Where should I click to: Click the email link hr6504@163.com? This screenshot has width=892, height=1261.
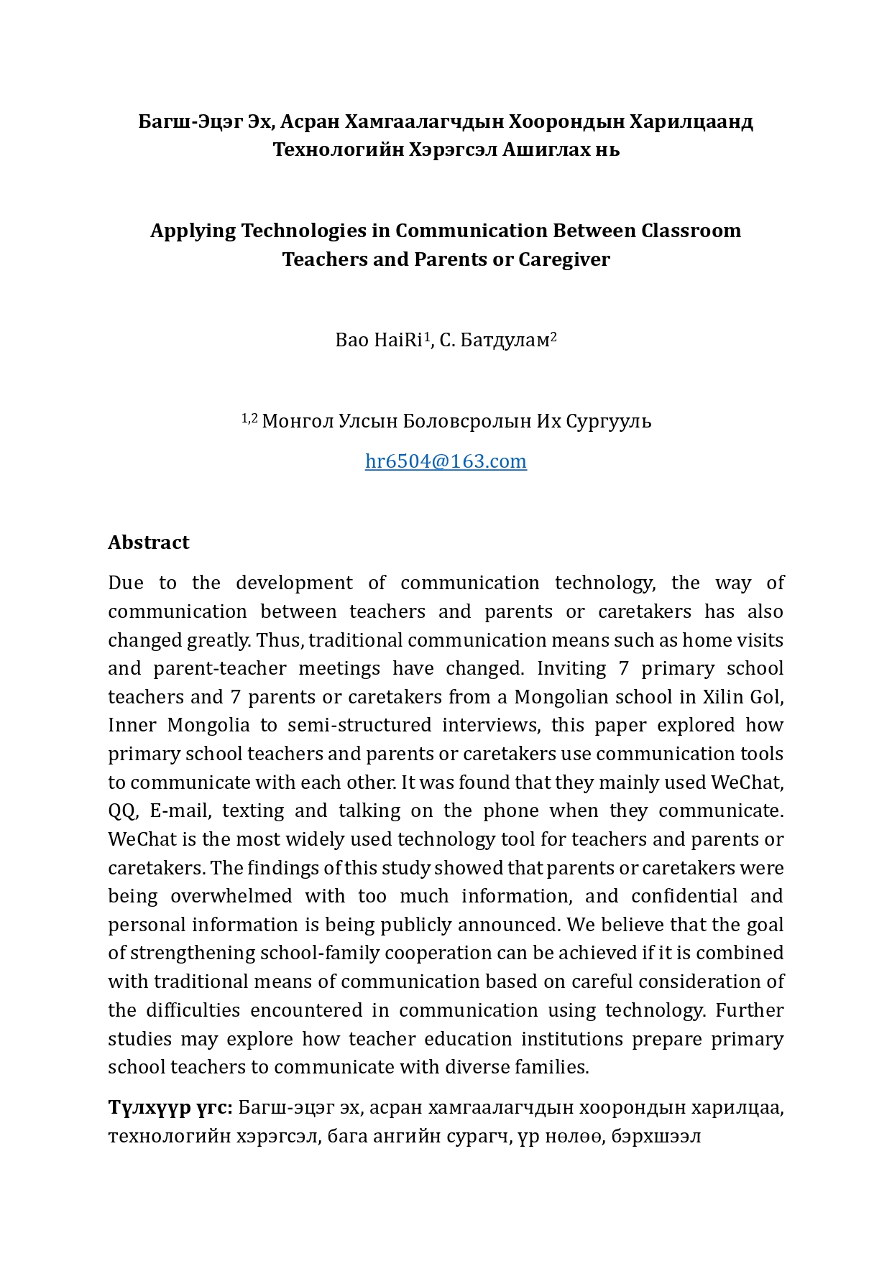point(446,461)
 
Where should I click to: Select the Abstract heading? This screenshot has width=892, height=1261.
point(149,542)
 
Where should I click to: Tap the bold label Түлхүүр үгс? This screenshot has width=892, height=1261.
point(170,1107)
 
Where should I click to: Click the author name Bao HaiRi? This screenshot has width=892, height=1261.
point(379,340)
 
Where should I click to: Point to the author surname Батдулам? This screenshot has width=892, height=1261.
point(505,340)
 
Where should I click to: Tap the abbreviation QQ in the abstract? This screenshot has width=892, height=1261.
point(121,810)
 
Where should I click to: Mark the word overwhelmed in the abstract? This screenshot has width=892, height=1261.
point(231,896)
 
